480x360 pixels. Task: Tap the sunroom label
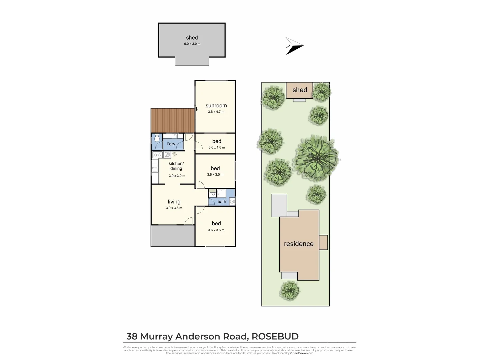pos(216,106)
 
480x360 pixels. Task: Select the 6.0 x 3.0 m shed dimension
pos(192,44)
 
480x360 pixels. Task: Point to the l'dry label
pos(171,144)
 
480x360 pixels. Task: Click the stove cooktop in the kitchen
pos(157,155)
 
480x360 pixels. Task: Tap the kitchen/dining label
pos(176,166)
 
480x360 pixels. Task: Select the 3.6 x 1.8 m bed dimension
pos(217,147)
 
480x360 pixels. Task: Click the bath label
pos(222,202)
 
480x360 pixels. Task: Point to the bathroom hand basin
pos(232,201)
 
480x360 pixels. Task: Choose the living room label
pos(174,202)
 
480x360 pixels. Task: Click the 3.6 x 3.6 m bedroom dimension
pos(216,230)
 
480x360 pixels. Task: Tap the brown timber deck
pos(172,120)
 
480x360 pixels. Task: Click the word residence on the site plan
pos(299,244)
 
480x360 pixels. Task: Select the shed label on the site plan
pos(300,90)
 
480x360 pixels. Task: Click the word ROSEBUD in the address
pos(275,336)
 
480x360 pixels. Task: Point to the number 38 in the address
pos(132,336)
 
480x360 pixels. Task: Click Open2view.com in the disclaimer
pos(301,353)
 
